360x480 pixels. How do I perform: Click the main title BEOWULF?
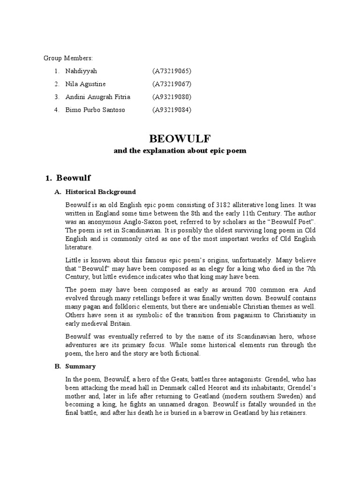click(x=180, y=138)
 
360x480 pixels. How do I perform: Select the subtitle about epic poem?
click(x=180, y=151)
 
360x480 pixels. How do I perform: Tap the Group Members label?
click(x=68, y=58)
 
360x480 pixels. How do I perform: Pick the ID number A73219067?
click(x=172, y=84)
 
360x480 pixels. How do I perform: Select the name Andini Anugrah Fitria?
click(x=98, y=97)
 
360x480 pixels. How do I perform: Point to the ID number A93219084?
click(x=172, y=110)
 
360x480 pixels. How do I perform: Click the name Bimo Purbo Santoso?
click(x=96, y=110)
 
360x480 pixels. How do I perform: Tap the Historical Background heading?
click(x=100, y=192)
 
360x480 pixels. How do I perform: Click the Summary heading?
click(x=80, y=366)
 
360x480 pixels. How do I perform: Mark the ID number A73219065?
click(x=172, y=71)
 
